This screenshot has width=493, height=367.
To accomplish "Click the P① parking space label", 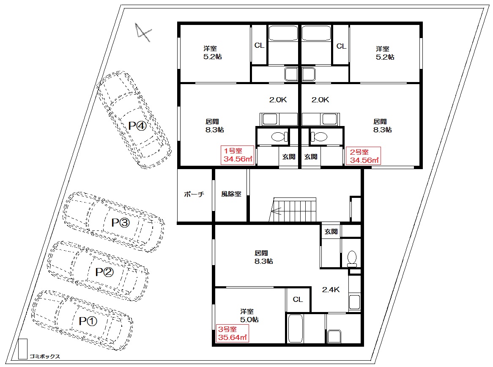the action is pyautogui.click(x=88, y=321).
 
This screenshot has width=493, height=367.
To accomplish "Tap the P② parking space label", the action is pyautogui.click(x=104, y=272).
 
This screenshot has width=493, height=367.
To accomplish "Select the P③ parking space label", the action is pyautogui.click(x=121, y=223).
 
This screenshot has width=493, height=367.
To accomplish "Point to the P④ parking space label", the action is pyautogui.click(x=137, y=126).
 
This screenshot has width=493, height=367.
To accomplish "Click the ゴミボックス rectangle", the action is pyautogui.click(x=23, y=349).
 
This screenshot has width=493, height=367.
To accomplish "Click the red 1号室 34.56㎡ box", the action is pyautogui.click(x=237, y=155).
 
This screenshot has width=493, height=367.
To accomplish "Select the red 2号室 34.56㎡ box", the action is pyautogui.click(x=363, y=156).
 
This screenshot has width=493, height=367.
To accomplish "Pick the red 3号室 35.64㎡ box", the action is pyautogui.click(x=233, y=333).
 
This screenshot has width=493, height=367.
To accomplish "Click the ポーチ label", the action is pyautogui.click(x=194, y=194).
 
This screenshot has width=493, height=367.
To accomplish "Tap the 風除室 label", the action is pyautogui.click(x=231, y=194).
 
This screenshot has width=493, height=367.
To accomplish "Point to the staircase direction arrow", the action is pyautogui.click(x=277, y=211).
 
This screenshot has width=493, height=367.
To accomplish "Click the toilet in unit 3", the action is pyautogui.click(x=352, y=259).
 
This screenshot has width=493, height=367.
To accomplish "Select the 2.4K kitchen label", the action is pyautogui.click(x=331, y=290).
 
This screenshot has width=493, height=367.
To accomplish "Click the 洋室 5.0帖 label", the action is pyautogui.click(x=249, y=315).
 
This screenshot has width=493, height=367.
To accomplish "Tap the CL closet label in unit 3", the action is pyautogui.click(x=298, y=299).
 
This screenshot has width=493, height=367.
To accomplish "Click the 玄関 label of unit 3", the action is pyautogui.click(x=331, y=231).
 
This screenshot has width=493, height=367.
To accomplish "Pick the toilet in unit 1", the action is pyautogui.click(x=279, y=137).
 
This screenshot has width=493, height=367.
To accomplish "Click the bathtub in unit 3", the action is pyautogui.click(x=296, y=329).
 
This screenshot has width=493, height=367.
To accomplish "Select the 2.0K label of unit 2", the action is pyautogui.click(x=320, y=100).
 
